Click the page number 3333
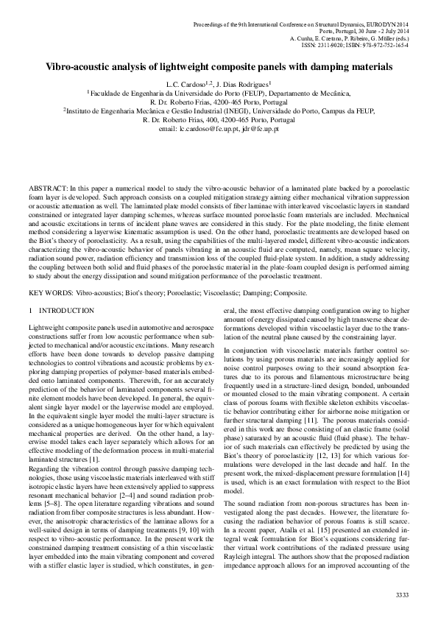coord(403,593)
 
